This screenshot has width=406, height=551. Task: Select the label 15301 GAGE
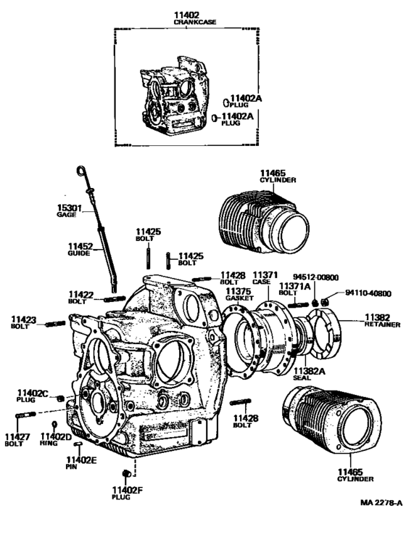click(70, 212)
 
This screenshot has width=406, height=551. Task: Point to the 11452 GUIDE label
click(80, 250)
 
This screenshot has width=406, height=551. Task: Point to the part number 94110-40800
click(368, 293)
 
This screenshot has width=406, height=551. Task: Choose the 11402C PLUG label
click(32, 396)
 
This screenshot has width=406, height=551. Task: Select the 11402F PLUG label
click(128, 494)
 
